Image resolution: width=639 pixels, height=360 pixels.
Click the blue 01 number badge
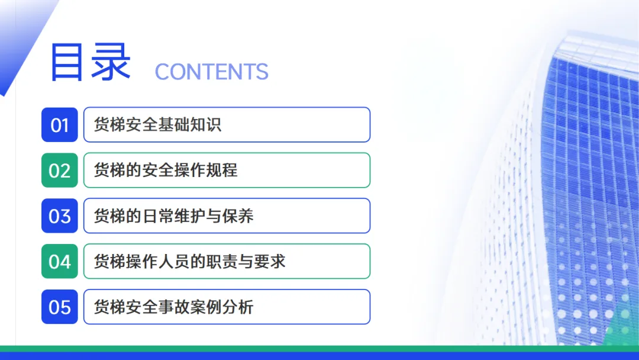click(x=60, y=125)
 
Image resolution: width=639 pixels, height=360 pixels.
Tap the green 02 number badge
click(x=60, y=171)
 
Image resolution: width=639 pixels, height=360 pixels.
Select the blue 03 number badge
click(x=60, y=216)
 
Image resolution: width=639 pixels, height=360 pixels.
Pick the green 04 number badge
click(x=60, y=261)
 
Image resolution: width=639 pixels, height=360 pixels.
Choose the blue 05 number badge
click(x=60, y=307)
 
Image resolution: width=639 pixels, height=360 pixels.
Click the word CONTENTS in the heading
click(x=211, y=72)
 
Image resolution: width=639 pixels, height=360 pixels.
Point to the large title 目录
click(x=91, y=62)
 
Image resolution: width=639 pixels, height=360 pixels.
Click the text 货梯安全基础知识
click(x=158, y=125)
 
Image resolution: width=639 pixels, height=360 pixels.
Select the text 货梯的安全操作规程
click(x=166, y=171)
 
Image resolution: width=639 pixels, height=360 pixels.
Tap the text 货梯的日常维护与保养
click(x=173, y=216)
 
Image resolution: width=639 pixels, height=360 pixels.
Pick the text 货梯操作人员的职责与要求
click(x=189, y=261)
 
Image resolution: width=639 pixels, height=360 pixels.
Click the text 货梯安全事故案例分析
click(x=173, y=307)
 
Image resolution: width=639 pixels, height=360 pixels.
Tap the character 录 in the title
click(x=111, y=62)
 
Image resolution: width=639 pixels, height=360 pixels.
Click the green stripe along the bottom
click(x=319, y=349)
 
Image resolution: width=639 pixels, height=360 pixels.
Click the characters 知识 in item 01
click(x=206, y=125)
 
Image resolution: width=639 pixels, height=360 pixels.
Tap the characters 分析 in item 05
click(x=238, y=307)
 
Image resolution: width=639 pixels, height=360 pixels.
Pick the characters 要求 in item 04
click(x=269, y=261)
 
